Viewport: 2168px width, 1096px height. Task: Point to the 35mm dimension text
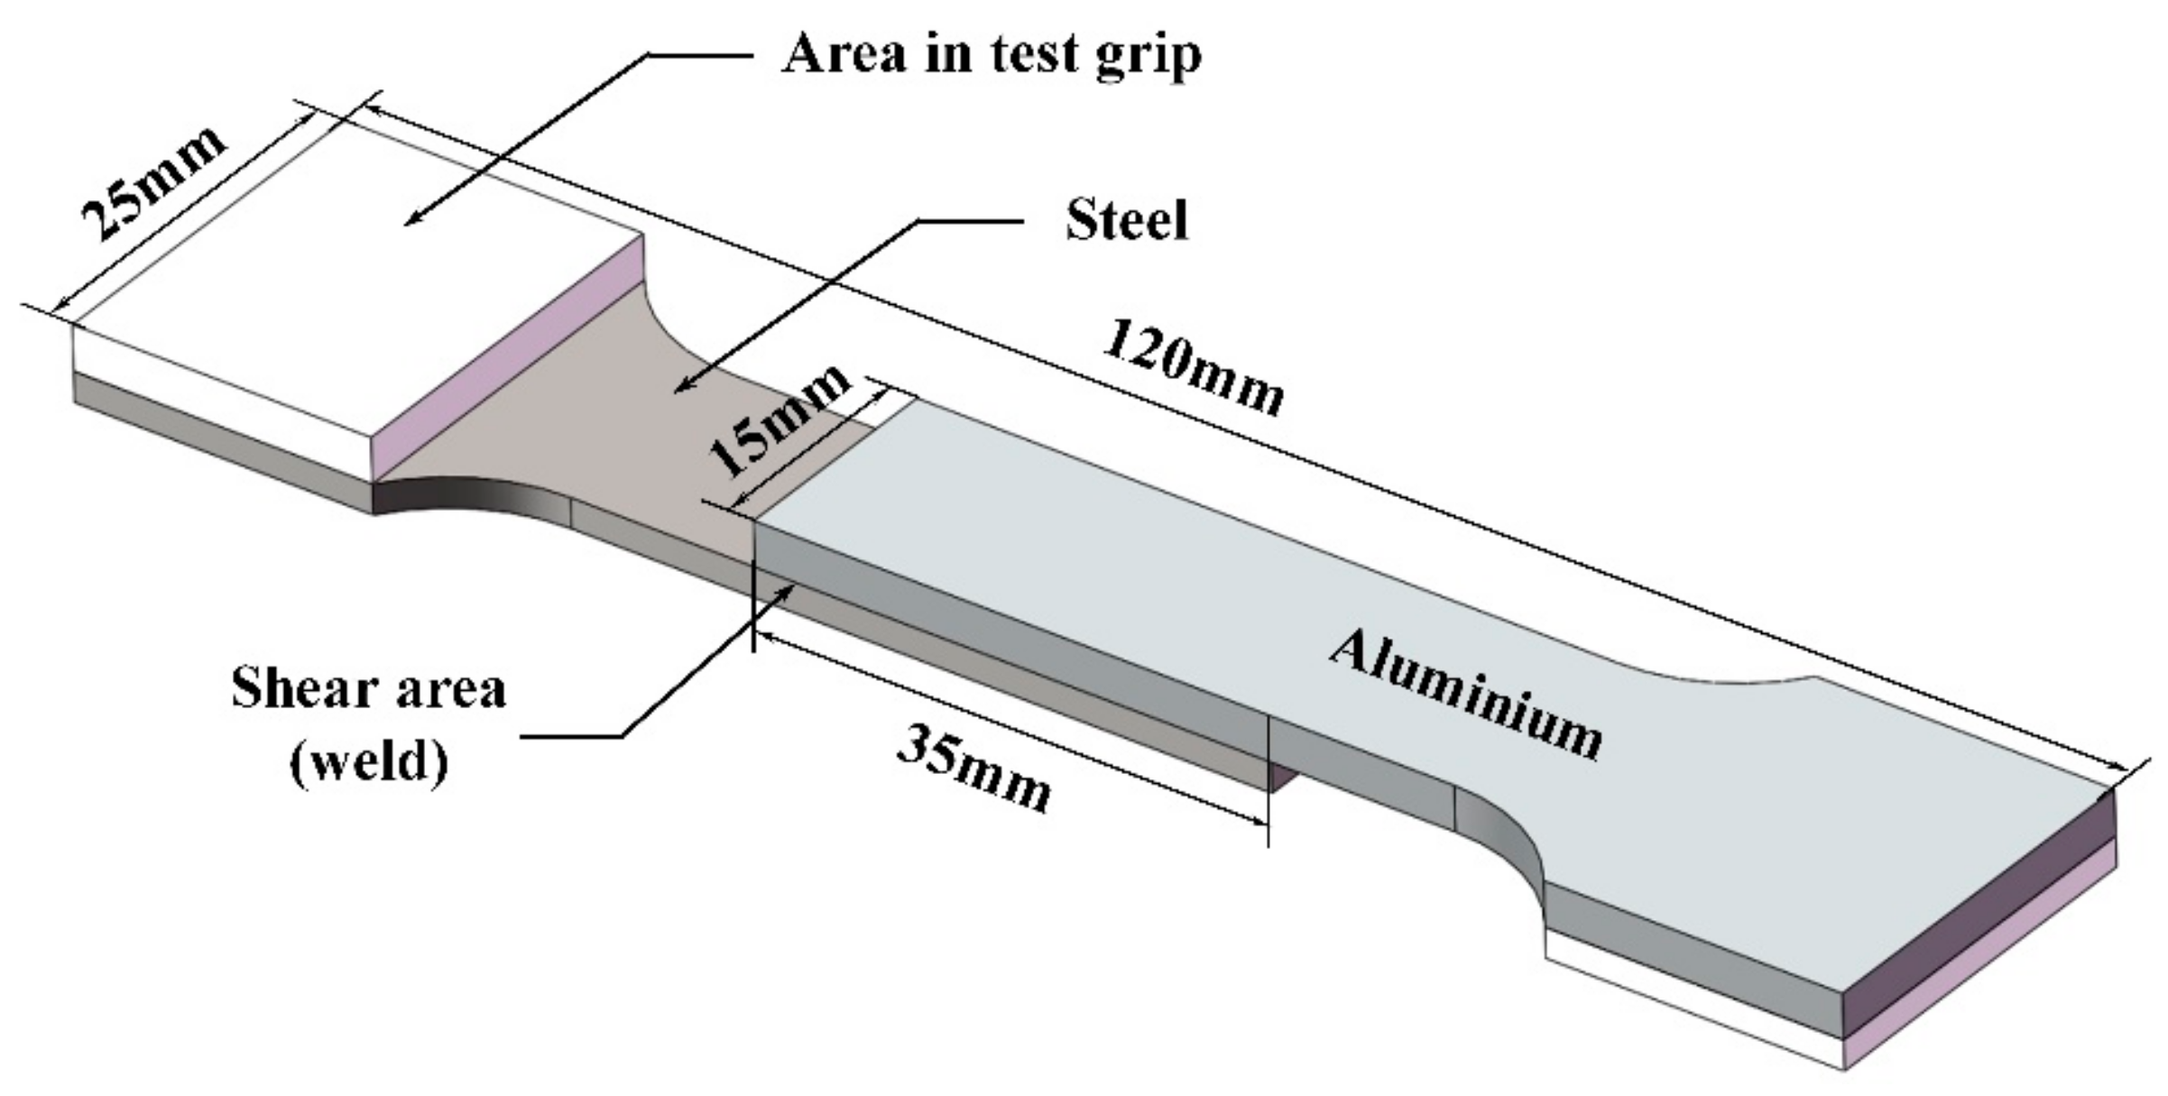974,767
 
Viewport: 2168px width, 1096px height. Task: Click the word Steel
1127,219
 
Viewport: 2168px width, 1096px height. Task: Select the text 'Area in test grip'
991,54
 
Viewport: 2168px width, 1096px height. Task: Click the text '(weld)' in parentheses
368,762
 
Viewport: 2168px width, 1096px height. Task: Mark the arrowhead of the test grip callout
411,220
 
